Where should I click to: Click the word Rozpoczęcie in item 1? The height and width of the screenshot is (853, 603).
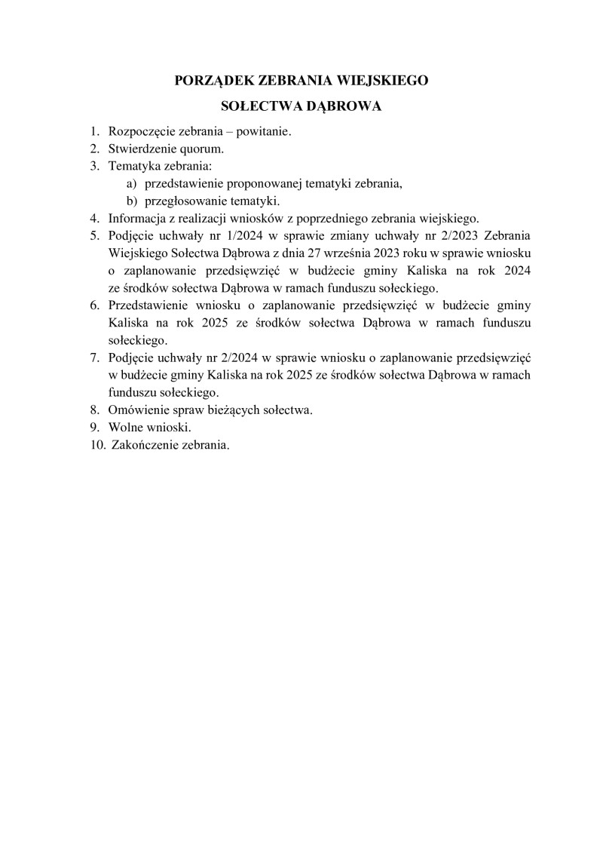coord(140,131)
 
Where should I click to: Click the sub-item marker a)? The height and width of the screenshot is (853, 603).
coord(131,183)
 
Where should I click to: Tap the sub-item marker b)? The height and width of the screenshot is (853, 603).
coord(131,201)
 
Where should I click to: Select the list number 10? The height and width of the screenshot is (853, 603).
coord(96,445)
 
